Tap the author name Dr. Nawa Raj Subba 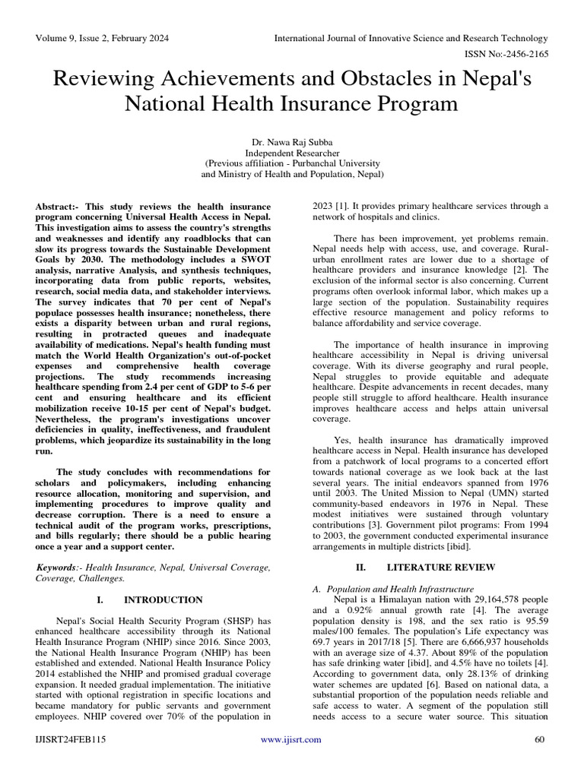(292, 142)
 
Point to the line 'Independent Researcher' (292, 153)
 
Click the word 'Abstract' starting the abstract (56, 207)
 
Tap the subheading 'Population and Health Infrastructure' (398, 589)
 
